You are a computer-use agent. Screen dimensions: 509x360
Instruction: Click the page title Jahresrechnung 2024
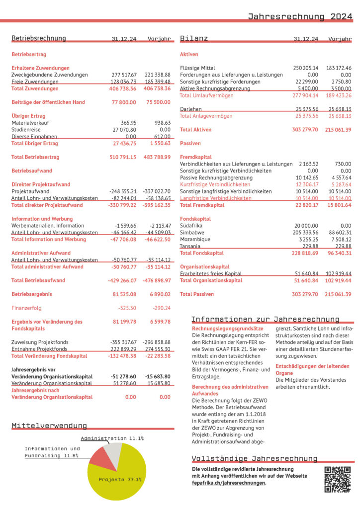300,16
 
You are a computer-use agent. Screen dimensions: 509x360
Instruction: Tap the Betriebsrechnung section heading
38,38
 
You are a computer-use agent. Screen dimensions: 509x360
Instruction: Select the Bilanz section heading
194,38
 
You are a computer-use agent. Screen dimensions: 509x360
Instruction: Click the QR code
337,480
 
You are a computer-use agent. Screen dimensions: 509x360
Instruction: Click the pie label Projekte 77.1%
120,480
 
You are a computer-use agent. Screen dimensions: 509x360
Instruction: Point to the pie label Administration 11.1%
112,438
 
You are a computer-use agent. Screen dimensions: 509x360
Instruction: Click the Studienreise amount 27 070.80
123,129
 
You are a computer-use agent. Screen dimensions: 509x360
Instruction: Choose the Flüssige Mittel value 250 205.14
305,68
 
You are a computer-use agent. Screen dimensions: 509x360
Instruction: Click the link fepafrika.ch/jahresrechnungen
229,483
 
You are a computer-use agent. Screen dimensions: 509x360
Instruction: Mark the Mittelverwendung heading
49,425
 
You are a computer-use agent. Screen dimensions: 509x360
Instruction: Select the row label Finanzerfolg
26,308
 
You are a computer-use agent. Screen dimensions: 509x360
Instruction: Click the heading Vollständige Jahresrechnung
255,458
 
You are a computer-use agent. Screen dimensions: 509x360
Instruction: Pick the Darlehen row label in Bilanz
190,109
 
